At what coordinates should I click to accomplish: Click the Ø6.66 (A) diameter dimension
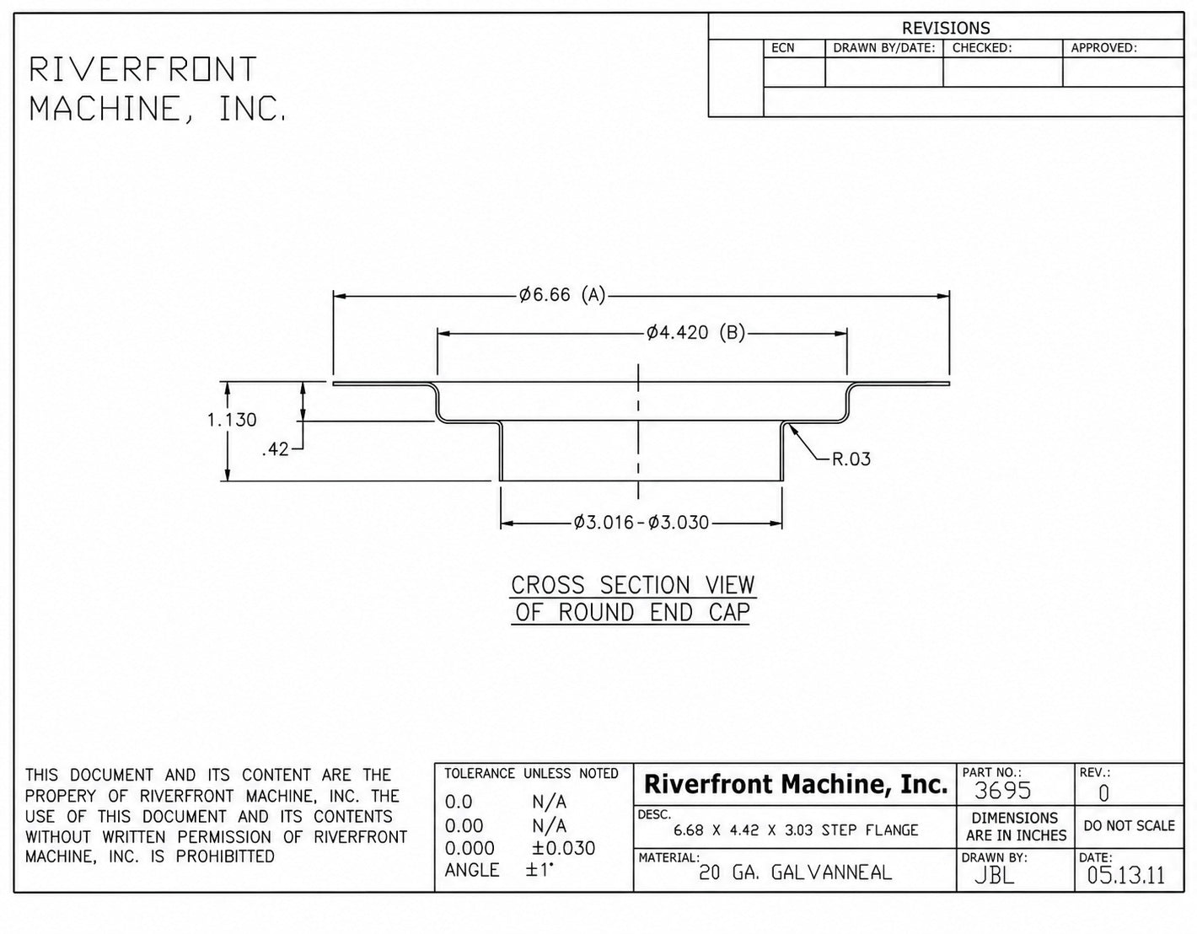coord(562,295)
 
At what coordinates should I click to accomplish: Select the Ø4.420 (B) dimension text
coord(695,333)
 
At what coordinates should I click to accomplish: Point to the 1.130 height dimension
coord(232,420)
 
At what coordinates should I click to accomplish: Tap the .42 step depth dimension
coord(276,450)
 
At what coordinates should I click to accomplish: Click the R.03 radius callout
coord(851,459)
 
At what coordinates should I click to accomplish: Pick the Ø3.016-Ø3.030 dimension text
coord(641,522)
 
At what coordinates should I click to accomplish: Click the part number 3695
coord(1002,791)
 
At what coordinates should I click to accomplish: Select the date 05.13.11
coord(1126,875)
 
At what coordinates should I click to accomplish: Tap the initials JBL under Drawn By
coord(995,875)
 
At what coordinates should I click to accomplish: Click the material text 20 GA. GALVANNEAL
coord(795,872)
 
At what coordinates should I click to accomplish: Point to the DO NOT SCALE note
coord(1130,825)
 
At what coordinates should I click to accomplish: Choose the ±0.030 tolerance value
coord(563,848)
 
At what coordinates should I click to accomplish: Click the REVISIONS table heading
coord(946,28)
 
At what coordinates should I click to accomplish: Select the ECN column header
coord(783,48)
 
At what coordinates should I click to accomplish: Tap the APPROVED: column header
coord(1104,48)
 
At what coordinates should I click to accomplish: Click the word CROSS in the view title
coord(548,585)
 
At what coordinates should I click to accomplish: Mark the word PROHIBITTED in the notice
coord(225,856)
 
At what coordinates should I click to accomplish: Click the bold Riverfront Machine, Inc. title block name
coord(796,784)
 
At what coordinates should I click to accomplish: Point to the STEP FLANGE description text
coord(870,830)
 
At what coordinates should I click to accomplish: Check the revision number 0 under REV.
coord(1103,793)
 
